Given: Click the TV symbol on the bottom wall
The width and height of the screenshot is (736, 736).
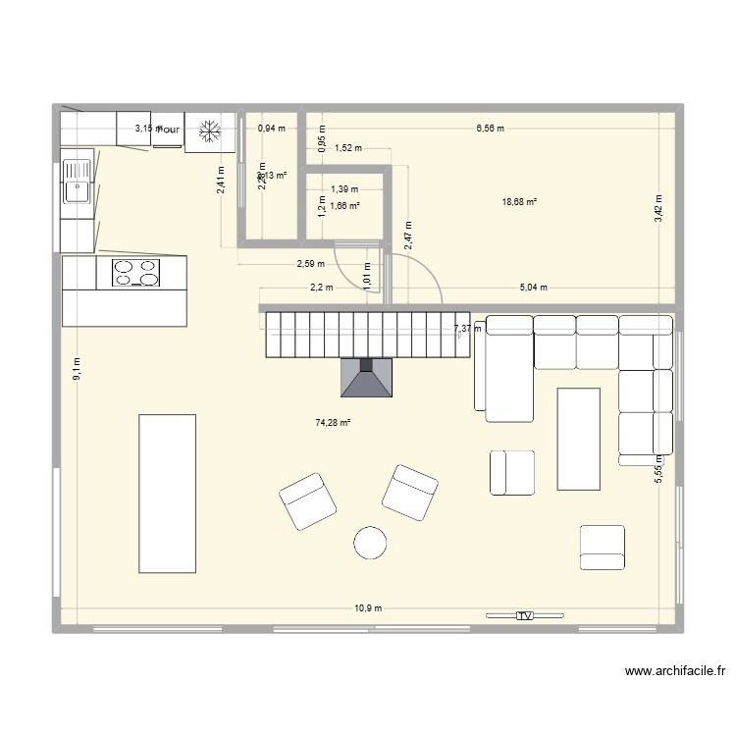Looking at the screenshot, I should [x=524, y=615].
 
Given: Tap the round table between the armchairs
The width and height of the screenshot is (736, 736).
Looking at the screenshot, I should [x=371, y=543].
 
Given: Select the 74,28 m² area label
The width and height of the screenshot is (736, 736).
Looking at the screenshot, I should [x=333, y=423].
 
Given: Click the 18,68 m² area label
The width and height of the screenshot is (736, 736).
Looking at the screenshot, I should [x=519, y=202].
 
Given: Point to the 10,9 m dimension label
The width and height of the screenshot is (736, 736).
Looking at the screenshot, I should [x=368, y=608].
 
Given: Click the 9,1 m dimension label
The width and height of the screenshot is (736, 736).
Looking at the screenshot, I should [x=78, y=368].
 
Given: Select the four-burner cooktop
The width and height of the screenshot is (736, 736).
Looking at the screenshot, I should [x=135, y=273].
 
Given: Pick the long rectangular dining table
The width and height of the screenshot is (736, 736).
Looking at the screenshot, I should [x=167, y=493].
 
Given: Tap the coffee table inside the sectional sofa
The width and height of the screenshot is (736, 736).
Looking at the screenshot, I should [x=578, y=438].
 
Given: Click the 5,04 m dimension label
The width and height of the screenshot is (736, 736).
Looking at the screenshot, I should [x=532, y=288].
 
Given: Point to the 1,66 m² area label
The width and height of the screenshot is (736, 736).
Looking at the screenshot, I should [x=344, y=206].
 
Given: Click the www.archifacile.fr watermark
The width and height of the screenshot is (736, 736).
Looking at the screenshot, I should [x=675, y=672].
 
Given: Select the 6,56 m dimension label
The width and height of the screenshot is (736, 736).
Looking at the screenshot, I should [x=490, y=128].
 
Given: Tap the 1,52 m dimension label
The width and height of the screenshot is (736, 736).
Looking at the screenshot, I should [x=347, y=149].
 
